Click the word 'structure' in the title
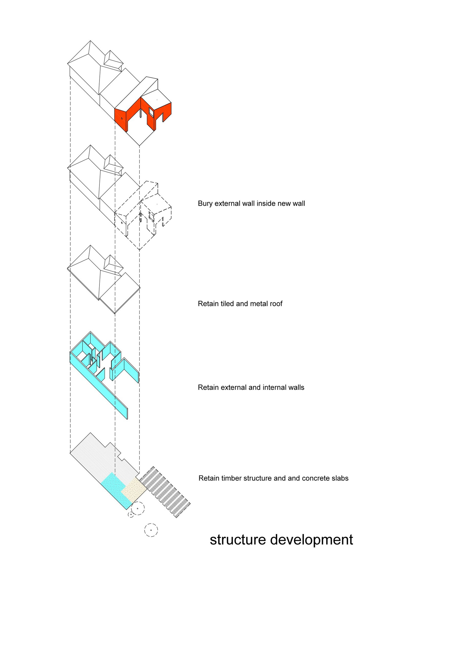[x=238, y=540]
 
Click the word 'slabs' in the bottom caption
[x=340, y=478]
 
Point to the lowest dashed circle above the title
[x=151, y=530]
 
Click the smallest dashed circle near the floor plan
[x=131, y=515]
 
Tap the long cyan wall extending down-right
[x=111, y=397]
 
